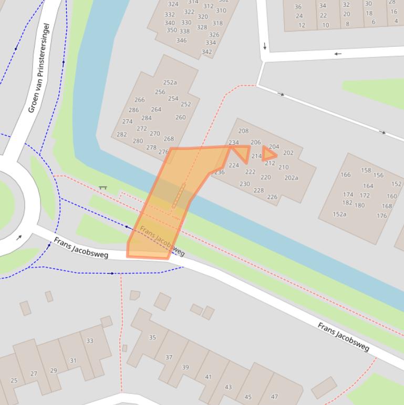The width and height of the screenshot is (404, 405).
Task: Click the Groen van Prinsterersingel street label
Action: point(39,68)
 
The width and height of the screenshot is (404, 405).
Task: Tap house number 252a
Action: point(170,83)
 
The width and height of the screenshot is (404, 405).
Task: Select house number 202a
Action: point(291,178)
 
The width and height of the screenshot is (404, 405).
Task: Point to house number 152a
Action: point(339,214)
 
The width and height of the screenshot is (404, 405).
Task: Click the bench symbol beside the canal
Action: point(103,187)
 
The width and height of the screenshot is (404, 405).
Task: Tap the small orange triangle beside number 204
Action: point(268,154)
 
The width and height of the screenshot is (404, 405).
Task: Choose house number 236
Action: point(219,172)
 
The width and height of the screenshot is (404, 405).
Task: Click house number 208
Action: point(243,131)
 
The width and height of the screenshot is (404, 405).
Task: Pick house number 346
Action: point(181,40)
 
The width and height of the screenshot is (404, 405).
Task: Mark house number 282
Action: point(121,135)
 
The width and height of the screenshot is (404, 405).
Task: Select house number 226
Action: point(272,197)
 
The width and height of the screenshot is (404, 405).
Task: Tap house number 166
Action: point(345,175)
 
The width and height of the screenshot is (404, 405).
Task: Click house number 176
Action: point(381,216)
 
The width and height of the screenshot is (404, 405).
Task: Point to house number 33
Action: point(89,341)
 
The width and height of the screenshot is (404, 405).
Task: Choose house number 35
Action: point(152,338)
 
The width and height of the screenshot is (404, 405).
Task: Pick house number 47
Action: point(274,397)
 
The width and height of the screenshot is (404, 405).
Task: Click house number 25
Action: point(14,380)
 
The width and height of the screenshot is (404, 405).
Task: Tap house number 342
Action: point(207,52)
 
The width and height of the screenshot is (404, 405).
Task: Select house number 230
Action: point(245,184)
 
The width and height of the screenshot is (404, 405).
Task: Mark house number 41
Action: point(208,377)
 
